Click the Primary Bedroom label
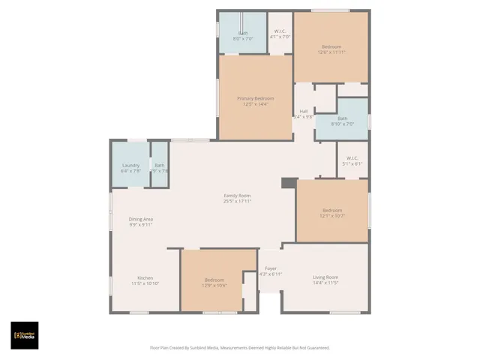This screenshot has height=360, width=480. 255,98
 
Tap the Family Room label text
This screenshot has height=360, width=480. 237,195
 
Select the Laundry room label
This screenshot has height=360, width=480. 130,165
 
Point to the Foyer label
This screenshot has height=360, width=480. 270,268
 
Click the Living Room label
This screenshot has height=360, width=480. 325,277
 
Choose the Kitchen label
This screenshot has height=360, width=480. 145,277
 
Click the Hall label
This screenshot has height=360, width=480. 304,111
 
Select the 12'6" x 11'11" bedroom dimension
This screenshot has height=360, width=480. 331,52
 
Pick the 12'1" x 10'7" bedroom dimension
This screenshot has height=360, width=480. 332,216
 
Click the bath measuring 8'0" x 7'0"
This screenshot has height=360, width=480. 243,36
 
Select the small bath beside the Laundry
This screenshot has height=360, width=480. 158,168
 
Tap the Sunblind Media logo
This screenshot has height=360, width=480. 24,334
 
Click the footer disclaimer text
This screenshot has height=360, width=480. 240,347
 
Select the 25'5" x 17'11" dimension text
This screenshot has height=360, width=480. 237,201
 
